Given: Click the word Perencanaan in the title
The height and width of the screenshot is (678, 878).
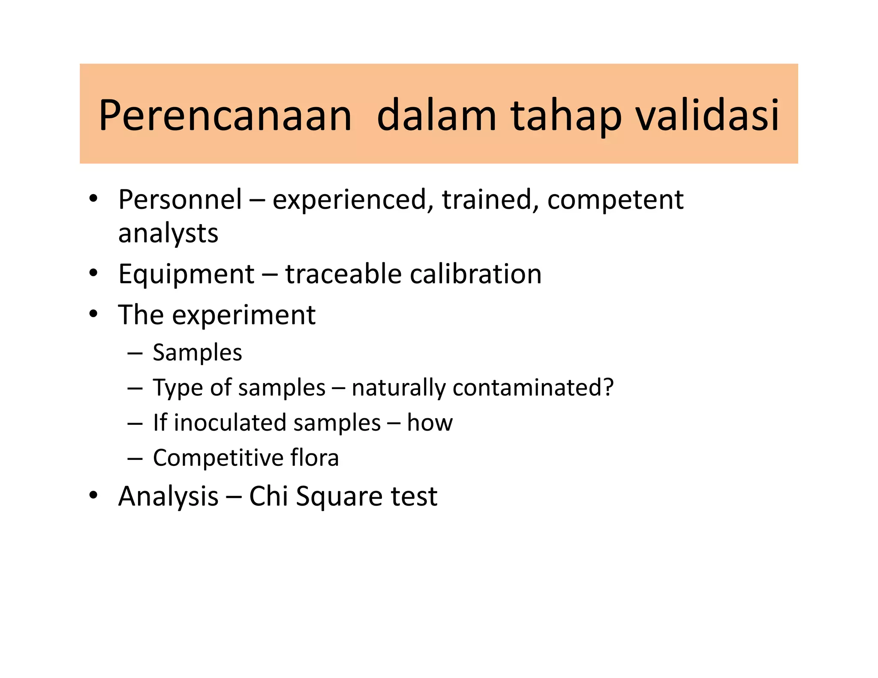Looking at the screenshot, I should pos(225,116).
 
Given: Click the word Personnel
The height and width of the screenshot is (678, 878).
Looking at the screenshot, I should pos(180,200).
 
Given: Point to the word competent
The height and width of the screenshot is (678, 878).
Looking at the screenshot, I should pos(615,201).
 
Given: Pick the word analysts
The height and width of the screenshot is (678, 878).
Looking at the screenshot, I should pos(168,234).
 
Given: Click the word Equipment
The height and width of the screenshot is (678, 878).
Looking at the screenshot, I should pos(186,275).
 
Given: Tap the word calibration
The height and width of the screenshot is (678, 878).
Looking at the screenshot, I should pos(475,274).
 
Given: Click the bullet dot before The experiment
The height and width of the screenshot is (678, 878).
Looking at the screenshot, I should pos(93,314).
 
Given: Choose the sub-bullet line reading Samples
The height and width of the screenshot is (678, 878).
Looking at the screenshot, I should pos(197,353).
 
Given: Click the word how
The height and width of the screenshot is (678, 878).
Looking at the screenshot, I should pos(430,423).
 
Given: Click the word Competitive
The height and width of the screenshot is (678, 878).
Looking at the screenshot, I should pos(218,458).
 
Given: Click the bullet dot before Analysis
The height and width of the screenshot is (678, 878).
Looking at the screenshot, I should pos(93,495).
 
